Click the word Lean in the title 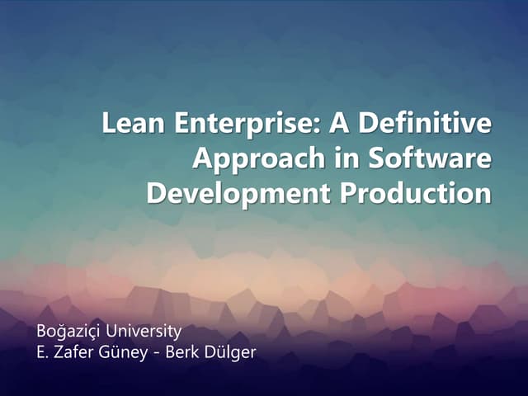pos(130,125)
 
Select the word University pos(144,332)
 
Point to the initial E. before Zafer pos(43,353)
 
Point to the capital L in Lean pos(109,125)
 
